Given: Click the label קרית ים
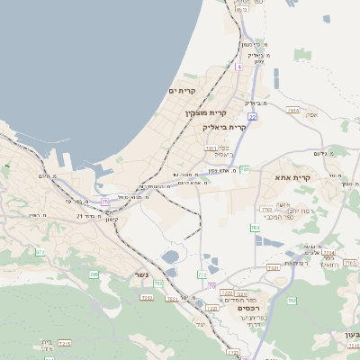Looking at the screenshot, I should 182,91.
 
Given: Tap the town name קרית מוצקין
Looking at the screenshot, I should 205,112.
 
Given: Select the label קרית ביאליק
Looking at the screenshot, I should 224,127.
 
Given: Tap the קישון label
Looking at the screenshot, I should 112,219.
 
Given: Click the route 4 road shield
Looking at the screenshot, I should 238,67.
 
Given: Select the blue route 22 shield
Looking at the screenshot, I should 253,116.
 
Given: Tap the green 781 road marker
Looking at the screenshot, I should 244,169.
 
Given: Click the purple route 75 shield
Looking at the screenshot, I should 105,202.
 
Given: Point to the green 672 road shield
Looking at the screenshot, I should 40,252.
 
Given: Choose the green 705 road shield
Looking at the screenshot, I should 94,274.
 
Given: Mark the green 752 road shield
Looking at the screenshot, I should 158,284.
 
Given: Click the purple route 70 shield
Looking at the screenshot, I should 211,285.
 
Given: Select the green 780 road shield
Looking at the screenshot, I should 255,228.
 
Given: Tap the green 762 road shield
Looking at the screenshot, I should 292,300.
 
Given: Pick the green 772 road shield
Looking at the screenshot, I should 202,274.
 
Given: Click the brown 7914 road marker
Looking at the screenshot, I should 292,110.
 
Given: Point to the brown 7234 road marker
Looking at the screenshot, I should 328,253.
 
